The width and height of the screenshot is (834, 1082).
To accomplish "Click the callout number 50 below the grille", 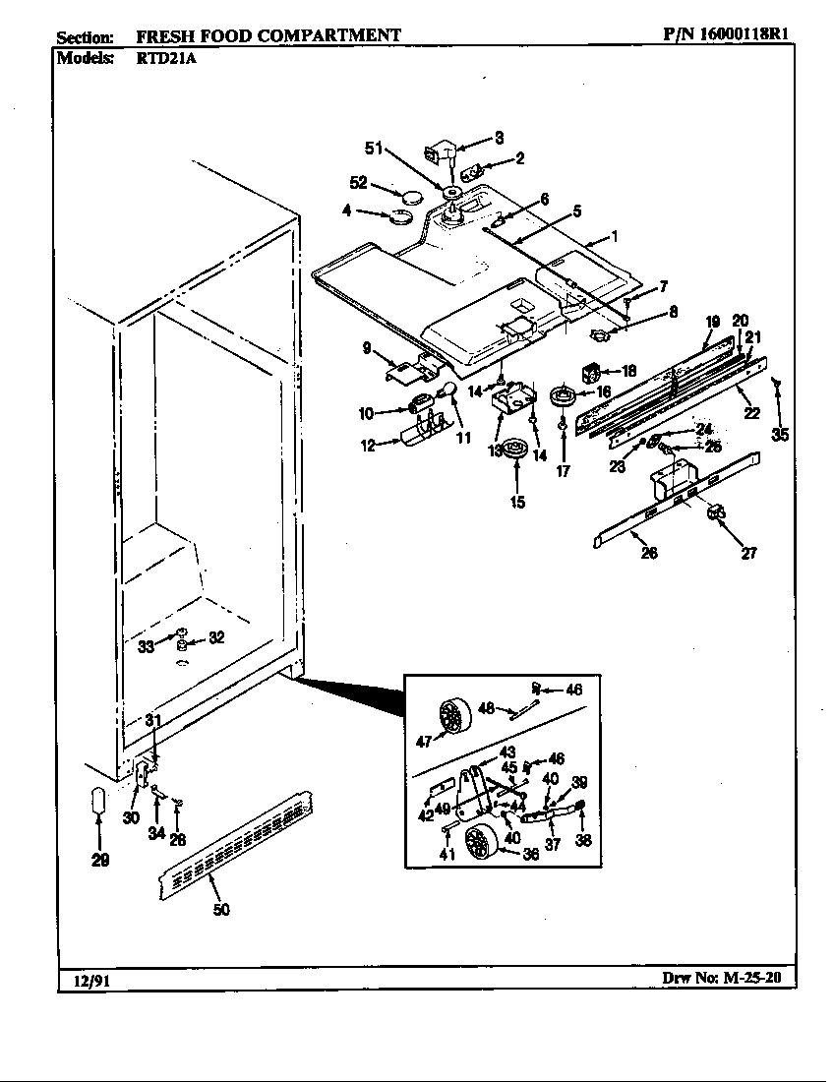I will [221, 910].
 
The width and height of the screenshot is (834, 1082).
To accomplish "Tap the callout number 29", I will [99, 860].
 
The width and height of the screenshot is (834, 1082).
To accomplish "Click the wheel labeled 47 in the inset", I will [452, 714].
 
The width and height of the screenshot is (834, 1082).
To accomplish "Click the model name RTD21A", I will [150, 58].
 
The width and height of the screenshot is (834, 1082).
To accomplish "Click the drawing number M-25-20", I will [755, 980].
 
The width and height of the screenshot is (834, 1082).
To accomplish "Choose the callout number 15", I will [517, 503].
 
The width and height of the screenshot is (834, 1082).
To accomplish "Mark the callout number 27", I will [748, 553].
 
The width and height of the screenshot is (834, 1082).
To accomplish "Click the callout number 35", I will [779, 434].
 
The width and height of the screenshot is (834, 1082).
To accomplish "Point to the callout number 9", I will [366, 347].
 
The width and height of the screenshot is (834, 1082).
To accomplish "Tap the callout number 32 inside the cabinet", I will [217, 637].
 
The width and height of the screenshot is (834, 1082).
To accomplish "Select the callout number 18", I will [629, 371].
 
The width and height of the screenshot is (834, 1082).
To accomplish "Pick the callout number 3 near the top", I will [499, 137].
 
